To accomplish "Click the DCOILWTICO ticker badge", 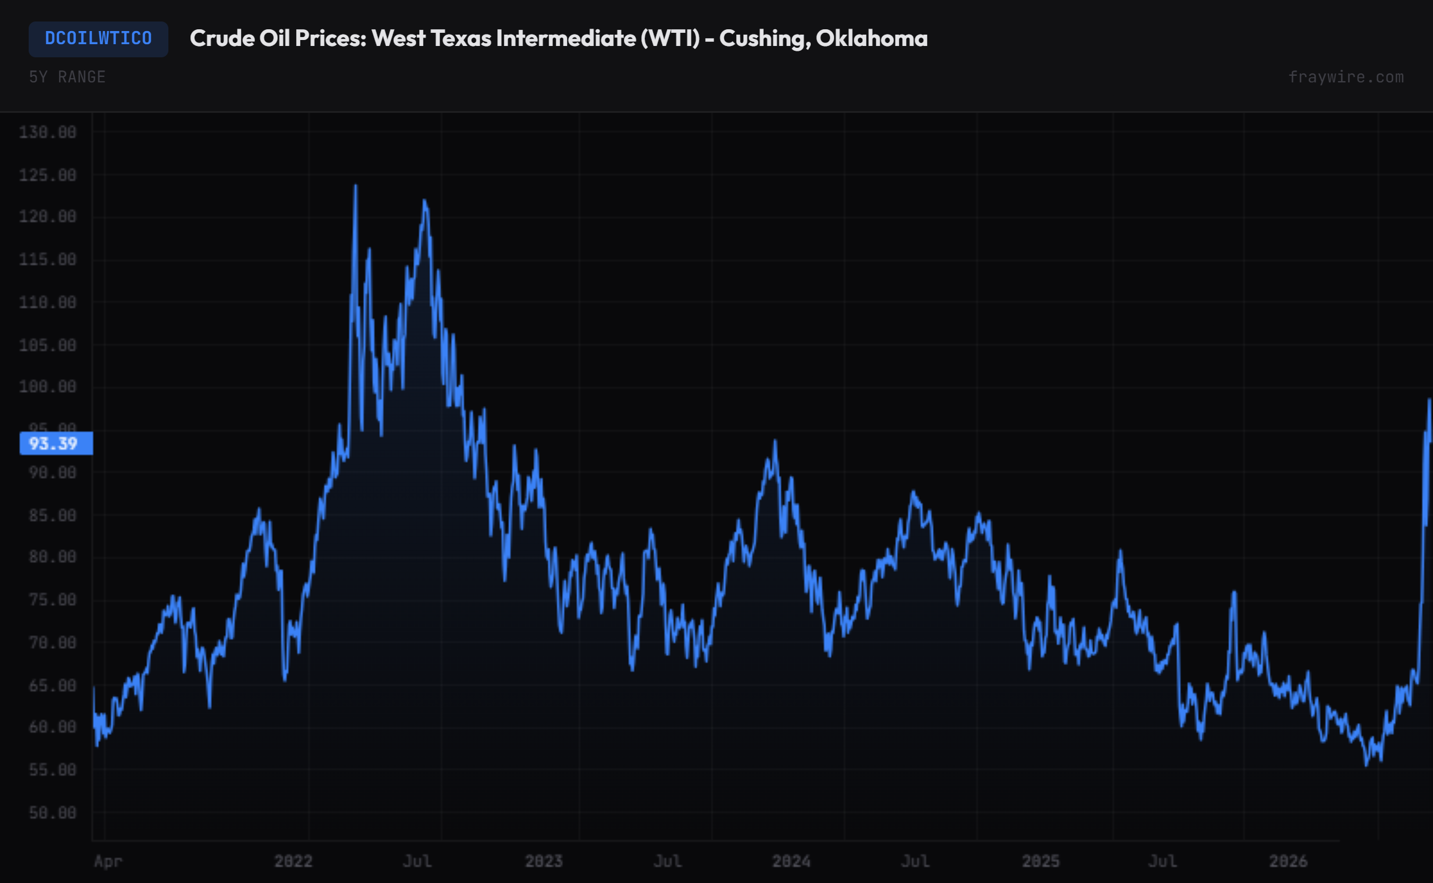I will click(x=99, y=39).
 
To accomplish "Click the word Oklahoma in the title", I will click(x=872, y=39).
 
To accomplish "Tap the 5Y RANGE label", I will click(x=67, y=77).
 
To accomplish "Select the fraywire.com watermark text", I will click(x=1346, y=77).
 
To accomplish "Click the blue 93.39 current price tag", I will click(x=56, y=444).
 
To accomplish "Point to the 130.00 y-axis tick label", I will click(x=48, y=132).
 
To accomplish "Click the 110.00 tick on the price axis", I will click(x=48, y=303).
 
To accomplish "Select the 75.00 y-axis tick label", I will click(x=53, y=599).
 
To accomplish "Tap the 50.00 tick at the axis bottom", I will click(x=53, y=813).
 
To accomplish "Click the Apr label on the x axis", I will click(x=108, y=861).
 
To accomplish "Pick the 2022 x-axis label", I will click(x=293, y=861).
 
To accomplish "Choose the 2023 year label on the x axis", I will click(x=543, y=861).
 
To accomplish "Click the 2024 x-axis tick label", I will click(x=791, y=861).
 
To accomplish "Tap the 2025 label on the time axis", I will click(x=1041, y=861).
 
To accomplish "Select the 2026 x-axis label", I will click(x=1288, y=861).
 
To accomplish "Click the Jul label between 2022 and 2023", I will click(x=417, y=861).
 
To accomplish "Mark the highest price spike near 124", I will click(x=356, y=186).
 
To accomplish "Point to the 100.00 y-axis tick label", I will click(x=48, y=387).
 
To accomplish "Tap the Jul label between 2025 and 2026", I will click(x=1163, y=861).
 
